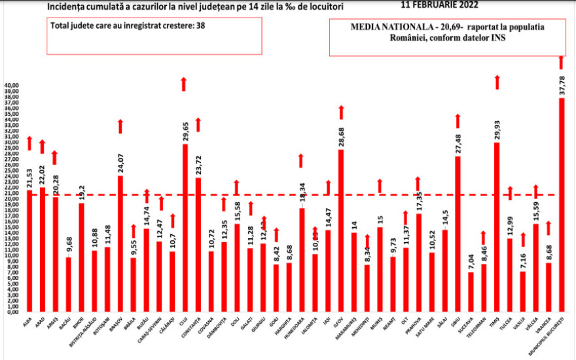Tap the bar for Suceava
point(470,291)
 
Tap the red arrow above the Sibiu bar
point(458,121)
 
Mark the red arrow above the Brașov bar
point(120,126)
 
